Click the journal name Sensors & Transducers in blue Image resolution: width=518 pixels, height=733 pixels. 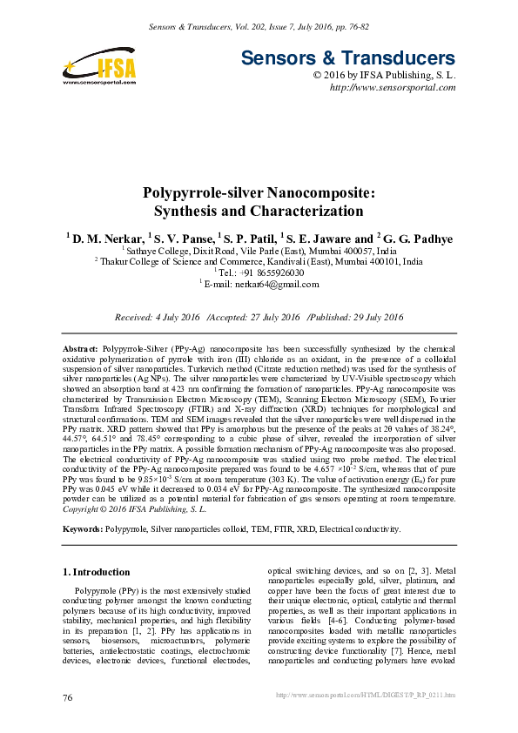click(346, 59)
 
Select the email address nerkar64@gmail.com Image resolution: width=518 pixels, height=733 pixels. click(279, 283)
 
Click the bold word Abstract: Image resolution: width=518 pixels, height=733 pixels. click(83, 347)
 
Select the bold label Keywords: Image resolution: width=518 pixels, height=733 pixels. click(84, 528)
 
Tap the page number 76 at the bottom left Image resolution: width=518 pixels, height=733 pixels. click(68, 698)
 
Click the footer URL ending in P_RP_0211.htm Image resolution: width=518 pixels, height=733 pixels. click(365, 696)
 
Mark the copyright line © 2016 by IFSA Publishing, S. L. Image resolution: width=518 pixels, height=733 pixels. click(384, 76)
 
